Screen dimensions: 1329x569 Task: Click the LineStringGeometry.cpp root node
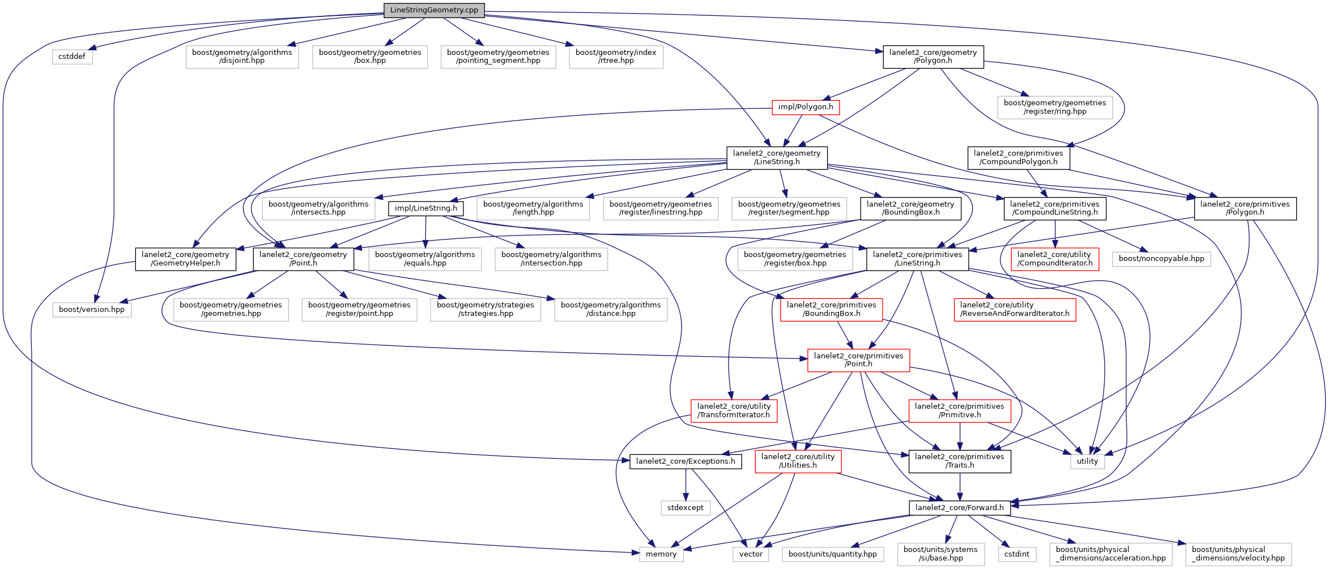click(x=434, y=10)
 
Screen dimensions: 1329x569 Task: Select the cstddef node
click(x=72, y=57)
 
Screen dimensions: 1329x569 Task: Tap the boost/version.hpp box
click(x=92, y=310)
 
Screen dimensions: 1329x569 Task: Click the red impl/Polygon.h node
click(x=806, y=107)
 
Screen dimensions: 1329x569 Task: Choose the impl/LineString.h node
click(x=426, y=208)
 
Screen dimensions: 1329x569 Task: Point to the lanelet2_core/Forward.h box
click(x=960, y=508)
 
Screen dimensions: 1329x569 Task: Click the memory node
click(x=661, y=554)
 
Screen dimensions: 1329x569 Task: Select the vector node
click(x=751, y=554)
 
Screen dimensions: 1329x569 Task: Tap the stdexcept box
click(x=685, y=508)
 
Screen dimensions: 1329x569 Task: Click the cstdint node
click(x=1017, y=554)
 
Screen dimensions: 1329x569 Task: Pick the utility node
click(x=1087, y=461)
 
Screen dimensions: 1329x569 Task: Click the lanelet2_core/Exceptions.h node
click(x=685, y=461)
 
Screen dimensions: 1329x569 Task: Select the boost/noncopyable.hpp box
click(x=1161, y=259)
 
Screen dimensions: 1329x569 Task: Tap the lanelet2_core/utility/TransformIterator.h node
click(x=734, y=411)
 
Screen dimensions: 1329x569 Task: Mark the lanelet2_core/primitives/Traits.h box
click(x=960, y=461)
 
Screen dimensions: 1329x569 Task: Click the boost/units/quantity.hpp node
click(x=833, y=554)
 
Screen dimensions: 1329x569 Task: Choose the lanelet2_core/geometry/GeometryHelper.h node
click(x=185, y=259)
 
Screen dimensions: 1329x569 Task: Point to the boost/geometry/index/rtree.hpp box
click(x=616, y=57)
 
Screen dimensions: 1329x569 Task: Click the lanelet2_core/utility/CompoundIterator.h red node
click(x=1055, y=259)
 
